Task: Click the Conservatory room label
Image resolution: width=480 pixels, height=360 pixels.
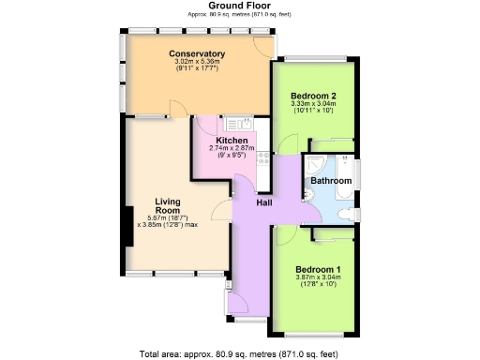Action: (x=196, y=53)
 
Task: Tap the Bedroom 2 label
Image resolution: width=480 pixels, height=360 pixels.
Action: (x=313, y=97)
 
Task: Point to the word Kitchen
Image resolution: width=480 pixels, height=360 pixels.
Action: (x=231, y=141)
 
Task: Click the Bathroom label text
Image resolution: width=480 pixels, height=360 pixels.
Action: (x=331, y=180)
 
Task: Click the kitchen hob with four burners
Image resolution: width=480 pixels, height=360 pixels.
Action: (x=263, y=157)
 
